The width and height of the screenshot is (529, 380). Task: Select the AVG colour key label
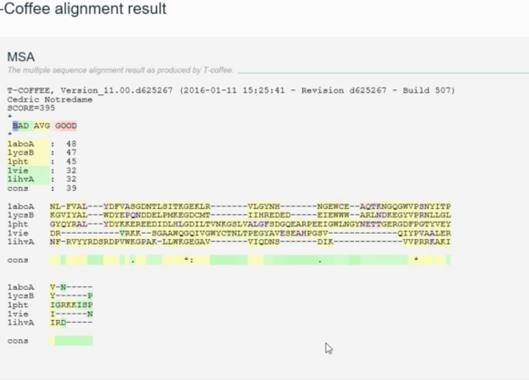pyautogui.click(x=41, y=126)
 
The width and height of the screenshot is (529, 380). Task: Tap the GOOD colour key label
pyautogui.click(x=66, y=126)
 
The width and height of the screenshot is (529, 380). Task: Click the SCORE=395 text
pyautogui.click(x=31, y=108)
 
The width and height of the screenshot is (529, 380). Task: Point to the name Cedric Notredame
pyautogui.click(x=50, y=100)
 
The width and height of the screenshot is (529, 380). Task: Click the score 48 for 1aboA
pyautogui.click(x=71, y=144)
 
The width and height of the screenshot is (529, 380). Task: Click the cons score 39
pyautogui.click(x=71, y=188)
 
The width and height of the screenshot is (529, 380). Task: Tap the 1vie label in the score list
pyautogui.click(x=19, y=170)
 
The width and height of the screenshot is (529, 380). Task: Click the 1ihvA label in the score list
pyautogui.click(x=21, y=179)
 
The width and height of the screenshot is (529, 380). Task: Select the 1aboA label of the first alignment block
pyautogui.click(x=21, y=206)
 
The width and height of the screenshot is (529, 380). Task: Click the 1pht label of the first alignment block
pyautogui.click(x=19, y=224)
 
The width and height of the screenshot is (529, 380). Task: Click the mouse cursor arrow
pyautogui.click(x=329, y=348)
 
